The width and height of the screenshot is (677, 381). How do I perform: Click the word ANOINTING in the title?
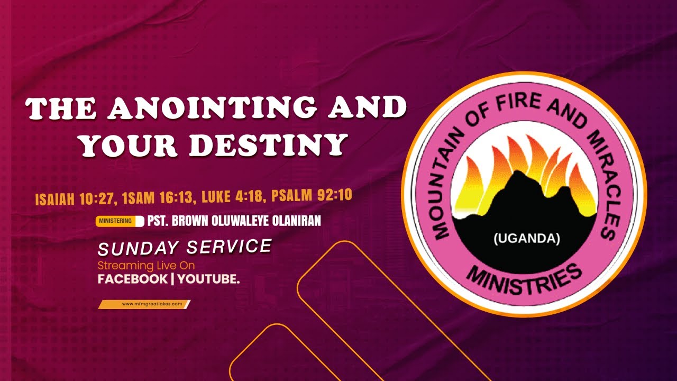[212, 109]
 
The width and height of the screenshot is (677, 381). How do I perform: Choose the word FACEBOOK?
[132, 279]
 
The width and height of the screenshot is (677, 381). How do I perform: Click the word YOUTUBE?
[208, 279]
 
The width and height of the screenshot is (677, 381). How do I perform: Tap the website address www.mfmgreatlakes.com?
[144, 304]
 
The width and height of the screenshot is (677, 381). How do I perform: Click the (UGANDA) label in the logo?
[526, 239]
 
